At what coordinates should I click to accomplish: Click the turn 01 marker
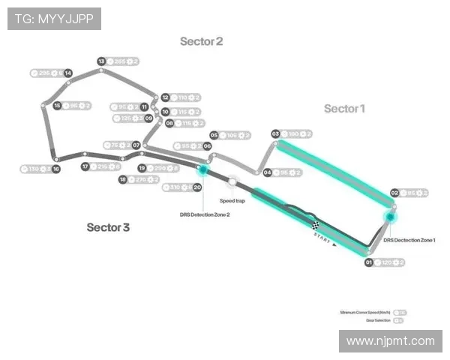[x=369, y=262]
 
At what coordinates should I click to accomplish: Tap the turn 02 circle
[x=394, y=193]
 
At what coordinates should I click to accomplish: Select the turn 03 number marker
[x=275, y=133]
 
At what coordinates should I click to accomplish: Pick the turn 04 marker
[x=268, y=172]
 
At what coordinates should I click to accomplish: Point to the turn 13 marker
[x=101, y=61]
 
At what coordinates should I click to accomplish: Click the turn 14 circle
[x=68, y=73]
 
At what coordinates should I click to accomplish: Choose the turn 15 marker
[x=57, y=106]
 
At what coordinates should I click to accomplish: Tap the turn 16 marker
[x=56, y=169]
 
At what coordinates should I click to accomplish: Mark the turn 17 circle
[x=85, y=166]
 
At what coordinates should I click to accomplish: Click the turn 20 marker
[x=197, y=187]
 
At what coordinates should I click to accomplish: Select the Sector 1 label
[x=344, y=109]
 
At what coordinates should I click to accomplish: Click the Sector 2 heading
[x=201, y=42]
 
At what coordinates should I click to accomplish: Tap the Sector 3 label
[x=108, y=227]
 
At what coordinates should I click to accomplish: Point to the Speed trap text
[x=232, y=201]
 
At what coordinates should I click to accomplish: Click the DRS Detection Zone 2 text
[x=205, y=214]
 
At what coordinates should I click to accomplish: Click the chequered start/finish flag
[x=316, y=223]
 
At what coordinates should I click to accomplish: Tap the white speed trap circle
[x=232, y=181]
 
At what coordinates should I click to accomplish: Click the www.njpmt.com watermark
[x=391, y=341]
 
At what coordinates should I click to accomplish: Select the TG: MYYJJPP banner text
[x=54, y=18]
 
